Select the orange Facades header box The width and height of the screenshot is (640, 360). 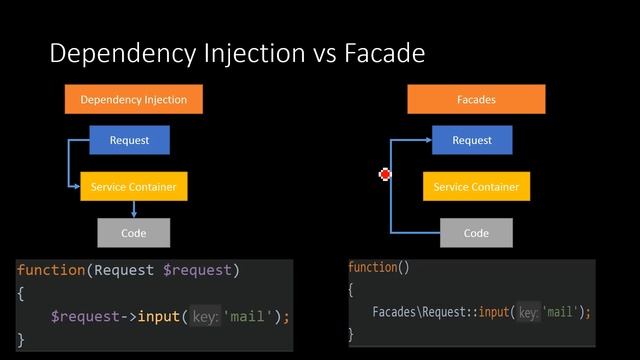tap(476, 100)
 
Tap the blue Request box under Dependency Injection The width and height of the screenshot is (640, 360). tap(129, 140)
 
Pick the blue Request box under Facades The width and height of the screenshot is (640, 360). tap(472, 140)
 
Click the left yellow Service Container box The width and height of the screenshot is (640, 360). tap(133, 187)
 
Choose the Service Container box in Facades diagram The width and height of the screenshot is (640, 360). tap(476, 187)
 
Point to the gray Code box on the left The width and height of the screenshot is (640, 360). tap(133, 233)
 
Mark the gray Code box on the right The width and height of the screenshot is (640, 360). tap(476, 233)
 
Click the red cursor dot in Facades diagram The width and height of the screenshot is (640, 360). tap(385, 175)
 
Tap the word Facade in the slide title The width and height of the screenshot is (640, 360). tap(385, 53)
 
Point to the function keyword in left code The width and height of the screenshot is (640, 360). tap(51, 270)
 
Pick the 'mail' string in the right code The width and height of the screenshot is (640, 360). tap(562, 312)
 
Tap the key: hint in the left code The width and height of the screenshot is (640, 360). tap(205, 317)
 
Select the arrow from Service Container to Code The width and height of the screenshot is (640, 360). tap(134, 209)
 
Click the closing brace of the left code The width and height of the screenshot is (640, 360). tap(21, 339)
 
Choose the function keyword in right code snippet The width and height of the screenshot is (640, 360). tap(373, 268)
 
